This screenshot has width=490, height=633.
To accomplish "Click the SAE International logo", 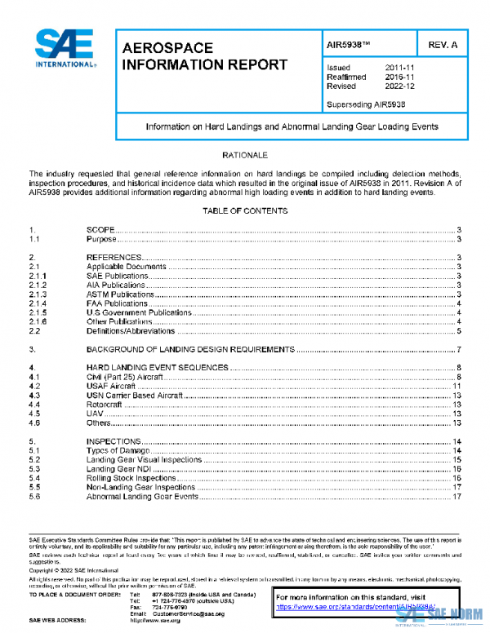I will pos(64,48).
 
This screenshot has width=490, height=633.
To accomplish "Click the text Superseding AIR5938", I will pos(367,104).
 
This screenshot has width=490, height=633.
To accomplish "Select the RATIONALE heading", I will pos(245,154).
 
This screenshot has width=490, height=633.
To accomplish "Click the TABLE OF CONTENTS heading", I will pos(245,211).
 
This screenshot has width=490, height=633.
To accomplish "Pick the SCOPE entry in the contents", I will pos(100,231).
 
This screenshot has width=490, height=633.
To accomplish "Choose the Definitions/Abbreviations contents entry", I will pos(131,330).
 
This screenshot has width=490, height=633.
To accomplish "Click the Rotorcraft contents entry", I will pos(106,404).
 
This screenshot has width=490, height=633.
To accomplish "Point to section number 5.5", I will pos(35,487).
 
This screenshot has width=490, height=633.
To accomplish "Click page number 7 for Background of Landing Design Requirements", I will pos(460,349).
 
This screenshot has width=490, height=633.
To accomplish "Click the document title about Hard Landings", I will pos(292,127).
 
